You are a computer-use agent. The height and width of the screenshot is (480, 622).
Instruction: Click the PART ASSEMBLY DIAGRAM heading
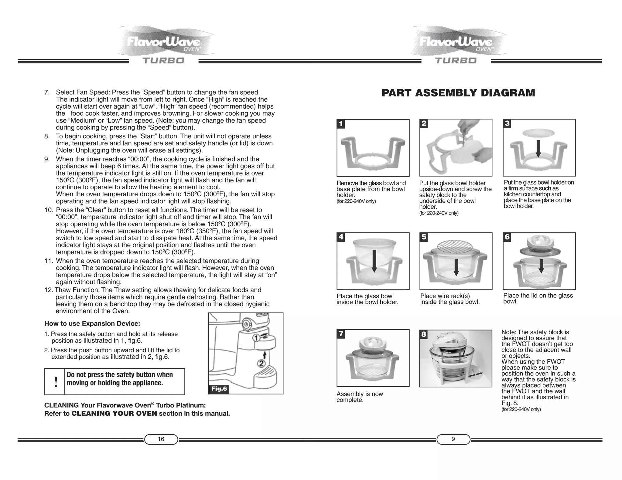click(458, 93)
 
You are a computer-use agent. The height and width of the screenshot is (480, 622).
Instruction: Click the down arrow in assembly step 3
click(538, 149)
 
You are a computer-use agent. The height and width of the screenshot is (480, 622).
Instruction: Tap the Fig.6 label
click(219, 389)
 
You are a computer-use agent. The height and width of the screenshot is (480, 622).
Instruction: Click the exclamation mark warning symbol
click(56, 382)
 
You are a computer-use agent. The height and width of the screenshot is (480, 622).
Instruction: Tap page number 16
click(161, 439)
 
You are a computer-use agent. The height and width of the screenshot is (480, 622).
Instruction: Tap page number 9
click(453, 439)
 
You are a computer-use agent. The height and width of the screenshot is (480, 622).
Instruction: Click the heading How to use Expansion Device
click(92, 323)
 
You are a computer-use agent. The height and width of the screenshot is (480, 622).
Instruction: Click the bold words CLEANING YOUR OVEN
click(114, 414)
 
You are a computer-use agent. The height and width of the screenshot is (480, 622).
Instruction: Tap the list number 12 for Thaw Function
click(49, 290)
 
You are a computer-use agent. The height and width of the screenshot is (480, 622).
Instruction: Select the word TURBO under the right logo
click(455, 61)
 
